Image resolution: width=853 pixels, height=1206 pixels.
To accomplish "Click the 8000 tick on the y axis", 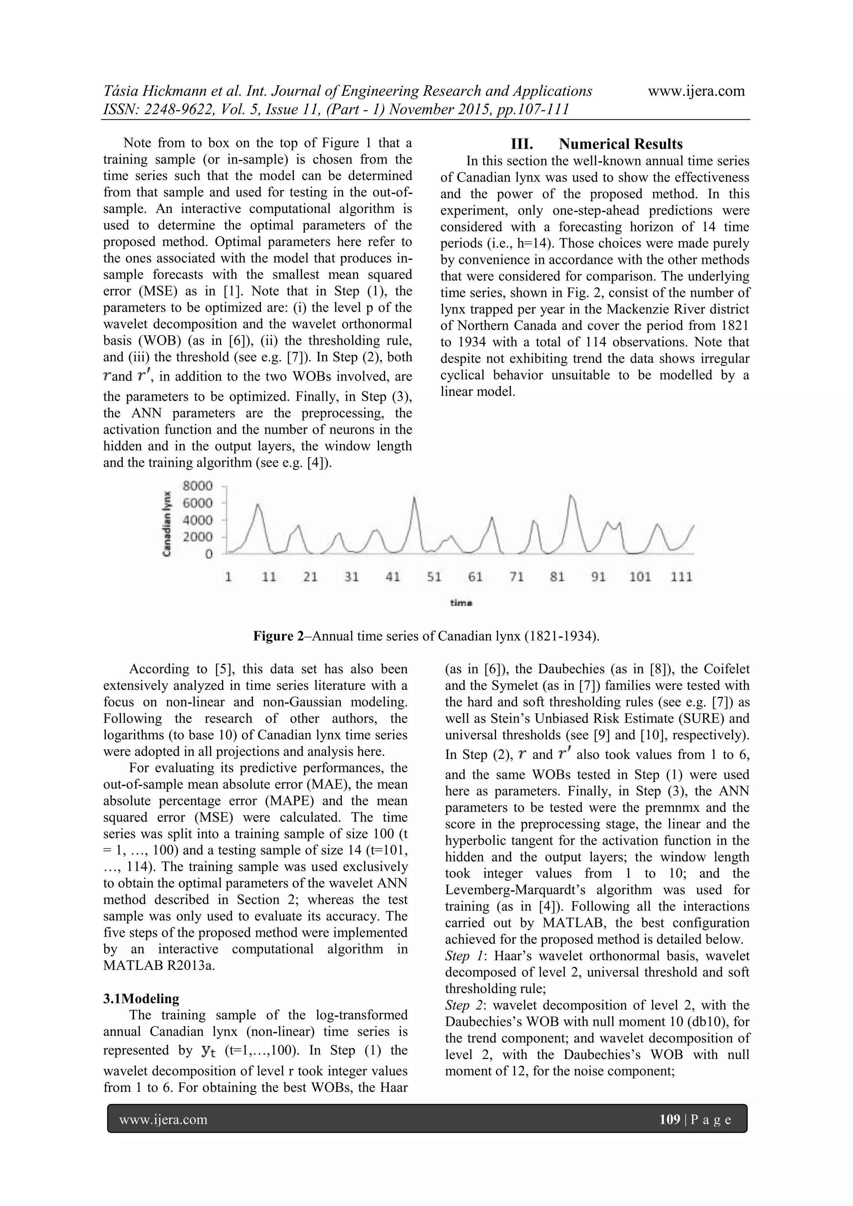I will coord(197,486).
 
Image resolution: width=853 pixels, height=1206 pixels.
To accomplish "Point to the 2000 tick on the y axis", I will coord(197,537).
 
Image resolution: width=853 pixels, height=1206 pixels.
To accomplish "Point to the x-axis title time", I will coord(461,603).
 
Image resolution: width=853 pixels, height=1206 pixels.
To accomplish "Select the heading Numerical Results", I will coord(620,144).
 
